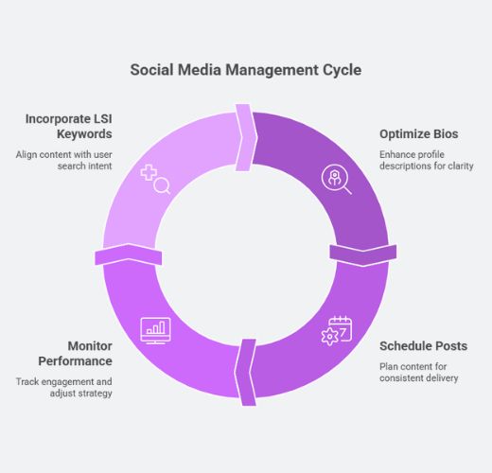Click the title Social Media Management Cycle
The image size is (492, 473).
[x=246, y=70]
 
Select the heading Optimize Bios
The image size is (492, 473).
[x=419, y=134]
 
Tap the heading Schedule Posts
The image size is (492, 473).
[x=423, y=346]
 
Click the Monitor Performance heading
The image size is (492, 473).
[x=75, y=354]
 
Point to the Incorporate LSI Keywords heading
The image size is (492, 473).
[x=69, y=127]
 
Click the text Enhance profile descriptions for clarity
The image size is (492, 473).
[x=427, y=160]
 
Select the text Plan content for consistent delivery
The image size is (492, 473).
[x=419, y=372]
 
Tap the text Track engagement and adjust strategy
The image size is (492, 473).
[x=64, y=387]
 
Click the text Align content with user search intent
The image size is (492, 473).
[x=64, y=160]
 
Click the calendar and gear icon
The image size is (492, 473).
[x=337, y=330]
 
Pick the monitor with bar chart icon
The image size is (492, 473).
[x=155, y=330]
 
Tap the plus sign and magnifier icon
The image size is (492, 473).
[x=155, y=179]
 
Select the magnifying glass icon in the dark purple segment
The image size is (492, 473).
[x=337, y=179]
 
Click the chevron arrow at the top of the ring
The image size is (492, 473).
[x=247, y=137]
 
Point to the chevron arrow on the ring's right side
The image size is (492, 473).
[x=363, y=254]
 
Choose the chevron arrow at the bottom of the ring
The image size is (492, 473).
[x=245, y=372]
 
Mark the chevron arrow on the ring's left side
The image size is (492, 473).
[x=129, y=254]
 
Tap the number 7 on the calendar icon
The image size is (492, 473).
[x=343, y=332]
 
